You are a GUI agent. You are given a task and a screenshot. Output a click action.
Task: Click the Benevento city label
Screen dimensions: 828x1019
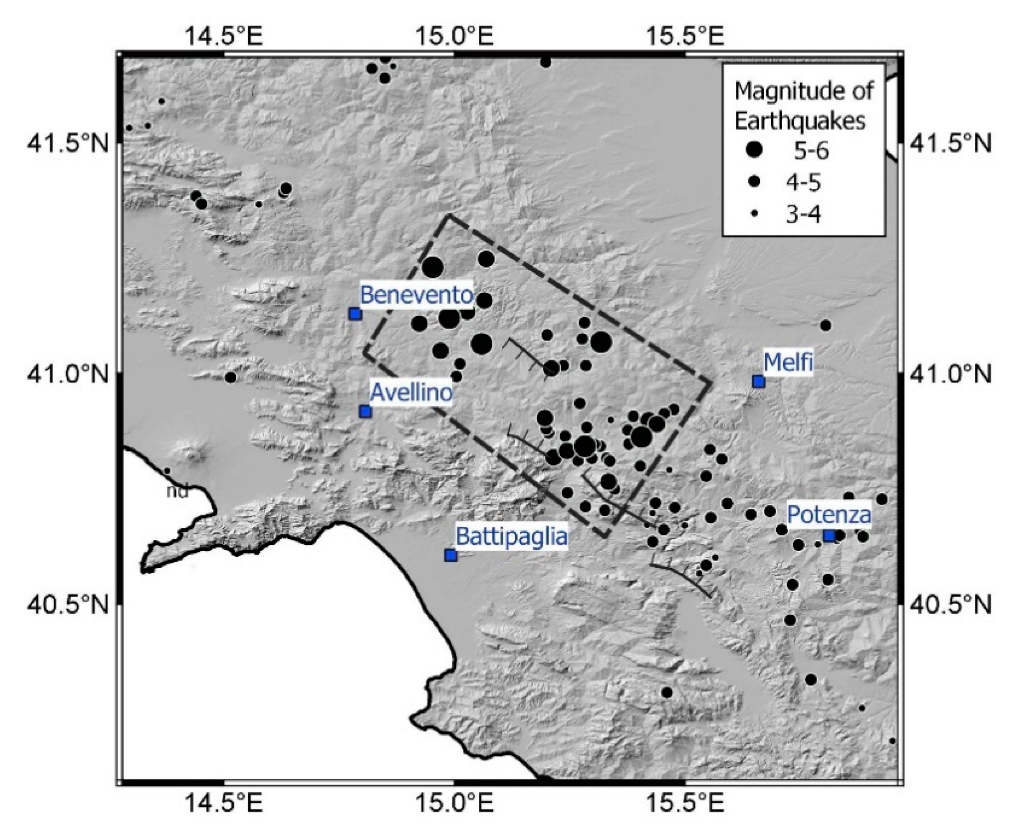click(416, 295)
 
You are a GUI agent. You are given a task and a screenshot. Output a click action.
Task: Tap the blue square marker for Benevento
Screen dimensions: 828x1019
click(355, 314)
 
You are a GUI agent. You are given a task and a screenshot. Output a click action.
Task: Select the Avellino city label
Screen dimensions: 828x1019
click(411, 393)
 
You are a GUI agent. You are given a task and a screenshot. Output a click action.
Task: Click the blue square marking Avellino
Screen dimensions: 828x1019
click(365, 412)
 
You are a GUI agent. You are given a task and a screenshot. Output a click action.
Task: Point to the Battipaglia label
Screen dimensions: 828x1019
click(512, 537)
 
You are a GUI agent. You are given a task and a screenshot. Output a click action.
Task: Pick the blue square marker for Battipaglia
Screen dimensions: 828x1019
click(451, 555)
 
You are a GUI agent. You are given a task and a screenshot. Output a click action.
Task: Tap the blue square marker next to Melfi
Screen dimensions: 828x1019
click(758, 382)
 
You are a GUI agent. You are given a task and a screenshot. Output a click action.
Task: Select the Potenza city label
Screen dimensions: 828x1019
click(829, 514)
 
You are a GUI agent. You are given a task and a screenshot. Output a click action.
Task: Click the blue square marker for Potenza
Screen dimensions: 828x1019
click(830, 536)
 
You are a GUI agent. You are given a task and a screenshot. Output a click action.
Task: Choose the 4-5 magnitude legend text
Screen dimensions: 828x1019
click(804, 182)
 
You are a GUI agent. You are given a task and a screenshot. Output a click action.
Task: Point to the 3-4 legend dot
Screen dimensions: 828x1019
click(754, 215)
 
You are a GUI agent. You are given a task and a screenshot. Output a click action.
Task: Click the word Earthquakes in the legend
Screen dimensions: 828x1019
click(800, 121)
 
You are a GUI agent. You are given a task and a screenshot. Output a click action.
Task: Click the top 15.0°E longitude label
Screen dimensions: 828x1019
click(454, 36)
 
